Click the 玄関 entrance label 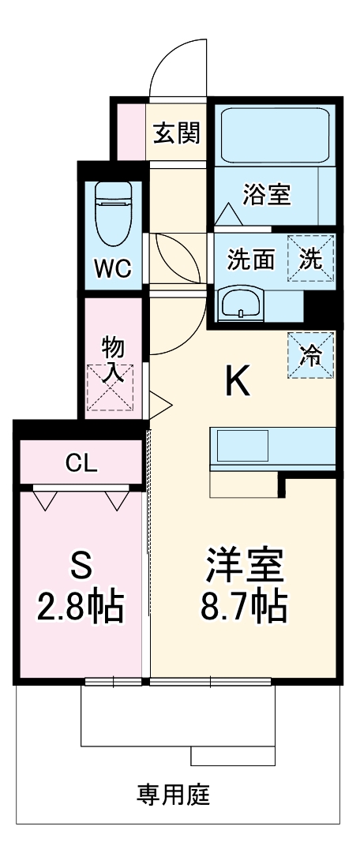pos(176,133)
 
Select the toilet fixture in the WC pos(114,213)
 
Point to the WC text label pos(114,267)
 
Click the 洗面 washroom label pos(251,259)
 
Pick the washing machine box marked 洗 pos(311,258)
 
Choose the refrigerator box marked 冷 pos(311,355)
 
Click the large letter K pos(238,382)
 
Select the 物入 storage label pos(113,359)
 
